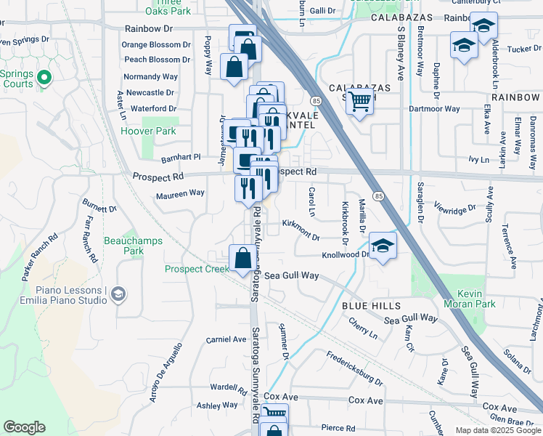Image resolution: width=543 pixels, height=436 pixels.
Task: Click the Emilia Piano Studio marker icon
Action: click(x=119, y=294)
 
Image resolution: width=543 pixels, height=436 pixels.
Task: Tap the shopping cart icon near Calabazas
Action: click(x=359, y=102)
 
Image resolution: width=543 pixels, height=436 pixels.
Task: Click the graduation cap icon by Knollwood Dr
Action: click(x=383, y=245)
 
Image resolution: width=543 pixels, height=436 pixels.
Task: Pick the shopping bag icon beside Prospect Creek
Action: click(x=242, y=257)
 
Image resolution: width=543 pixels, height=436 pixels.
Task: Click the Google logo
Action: click(x=25, y=427)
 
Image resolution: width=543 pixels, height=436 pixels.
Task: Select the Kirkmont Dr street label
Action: click(x=301, y=231)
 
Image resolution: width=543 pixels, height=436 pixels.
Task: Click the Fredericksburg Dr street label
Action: click(x=354, y=368)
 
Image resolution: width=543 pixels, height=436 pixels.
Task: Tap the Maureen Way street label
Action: click(x=180, y=194)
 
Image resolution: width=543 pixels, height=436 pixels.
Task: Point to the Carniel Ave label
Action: click(x=226, y=339)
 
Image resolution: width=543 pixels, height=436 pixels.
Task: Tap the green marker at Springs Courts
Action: click(x=44, y=77)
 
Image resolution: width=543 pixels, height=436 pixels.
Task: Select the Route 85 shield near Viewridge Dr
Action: click(x=379, y=196)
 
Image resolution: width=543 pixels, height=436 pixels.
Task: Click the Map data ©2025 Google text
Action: click(x=498, y=430)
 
